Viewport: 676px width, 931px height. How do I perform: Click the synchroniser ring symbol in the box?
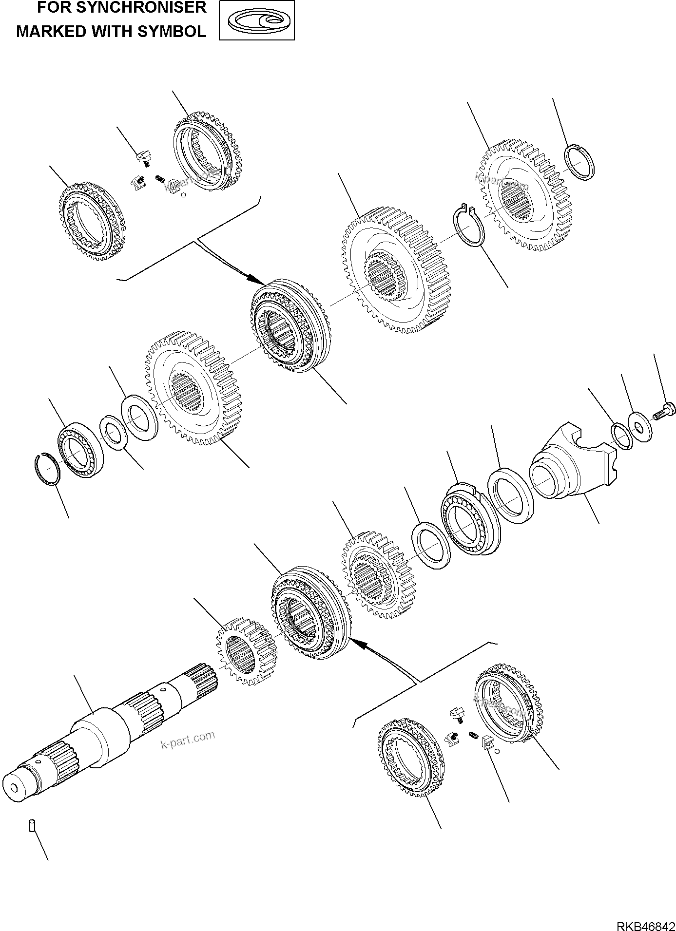[x=257, y=20]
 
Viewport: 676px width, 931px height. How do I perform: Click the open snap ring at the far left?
[x=49, y=469]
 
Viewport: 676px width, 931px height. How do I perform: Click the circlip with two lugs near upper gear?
[x=468, y=225]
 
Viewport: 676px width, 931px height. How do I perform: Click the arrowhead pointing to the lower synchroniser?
[x=357, y=644]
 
